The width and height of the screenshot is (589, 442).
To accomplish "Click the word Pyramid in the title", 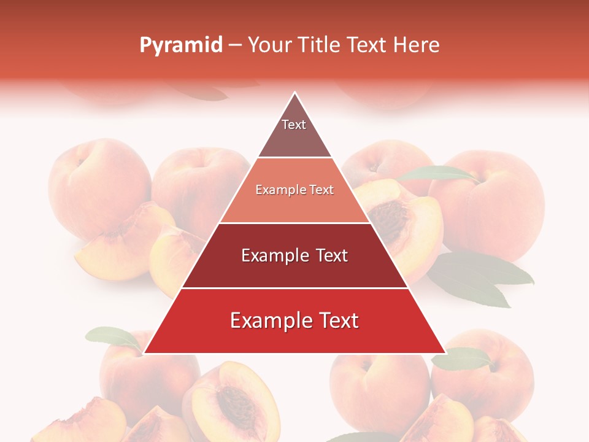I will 181,45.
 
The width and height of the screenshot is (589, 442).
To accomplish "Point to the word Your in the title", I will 270,45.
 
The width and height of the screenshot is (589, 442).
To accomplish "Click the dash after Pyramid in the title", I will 235,45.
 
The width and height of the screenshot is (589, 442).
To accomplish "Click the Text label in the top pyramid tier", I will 294,125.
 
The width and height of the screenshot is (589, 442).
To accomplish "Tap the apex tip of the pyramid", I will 295,93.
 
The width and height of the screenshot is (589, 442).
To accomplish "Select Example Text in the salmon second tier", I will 294,190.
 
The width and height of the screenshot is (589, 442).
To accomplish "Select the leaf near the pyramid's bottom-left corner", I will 114,337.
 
